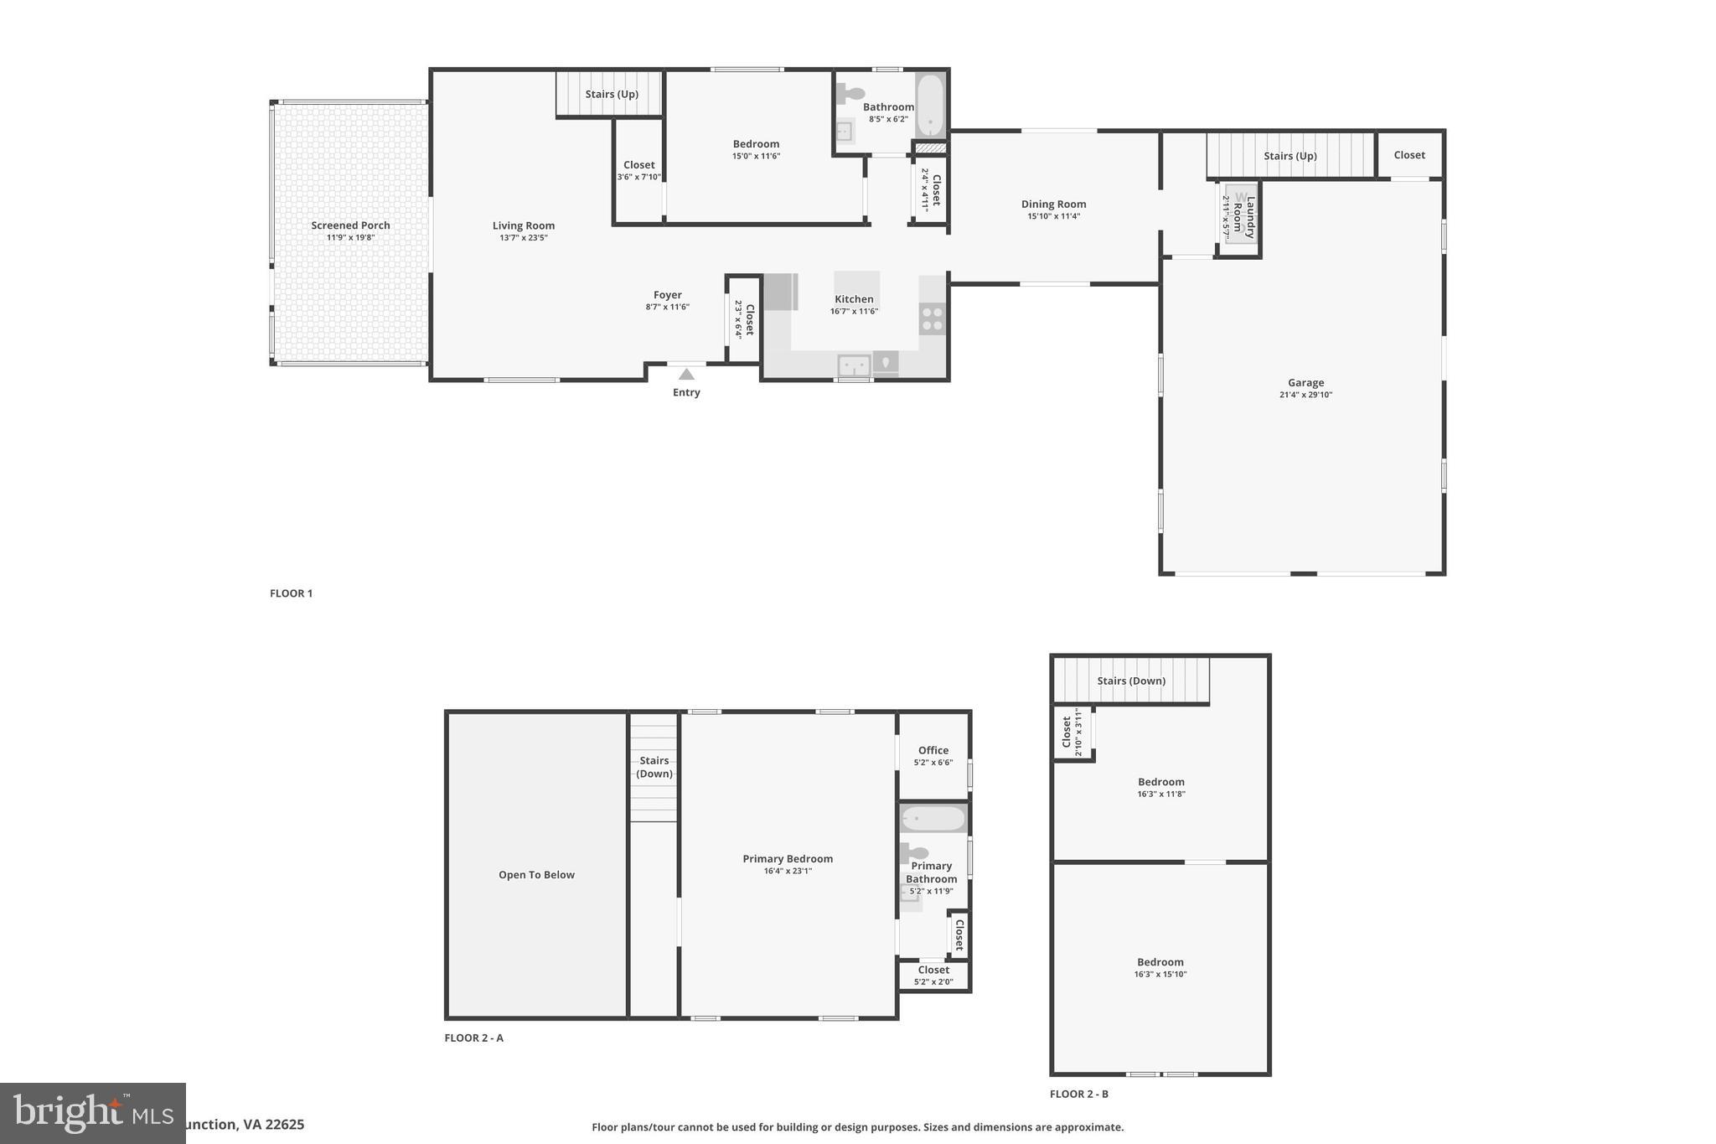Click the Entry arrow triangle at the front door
pyautogui.click(x=686, y=374)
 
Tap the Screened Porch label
pyautogui.click(x=350, y=225)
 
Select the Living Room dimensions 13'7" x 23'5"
pyautogui.click(x=523, y=238)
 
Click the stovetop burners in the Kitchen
pyautogui.click(x=932, y=318)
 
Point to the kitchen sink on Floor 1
pyautogui.click(x=854, y=365)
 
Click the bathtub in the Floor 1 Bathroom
pyautogui.click(x=930, y=105)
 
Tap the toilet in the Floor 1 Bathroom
pyautogui.click(x=850, y=93)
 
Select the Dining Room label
pyautogui.click(x=1053, y=204)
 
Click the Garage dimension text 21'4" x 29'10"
pyautogui.click(x=1305, y=395)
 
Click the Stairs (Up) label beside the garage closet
pyautogui.click(x=1290, y=156)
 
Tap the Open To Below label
pyautogui.click(x=536, y=874)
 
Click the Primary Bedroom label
pyautogui.click(x=788, y=858)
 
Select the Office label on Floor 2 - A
pyautogui.click(x=933, y=750)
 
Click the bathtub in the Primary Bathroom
pyautogui.click(x=933, y=818)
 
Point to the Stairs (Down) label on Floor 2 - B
pyautogui.click(x=1131, y=681)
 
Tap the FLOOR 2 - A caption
pyautogui.click(x=473, y=1038)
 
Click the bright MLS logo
pyautogui.click(x=92, y=1113)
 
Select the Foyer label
pyautogui.click(x=667, y=295)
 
